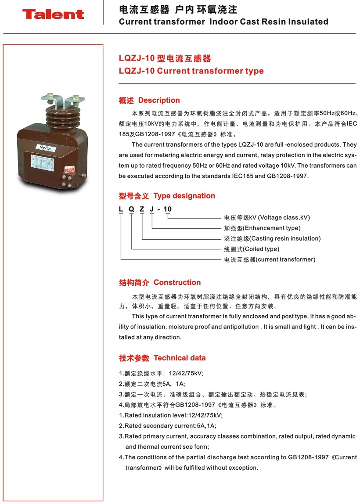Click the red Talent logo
point(53,14)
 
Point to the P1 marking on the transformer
point(68,141)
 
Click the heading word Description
point(159,101)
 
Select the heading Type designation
point(184,196)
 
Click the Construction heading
point(177,282)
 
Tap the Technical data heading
point(180,358)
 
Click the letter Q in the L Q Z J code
point(131,209)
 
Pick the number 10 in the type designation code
point(167,209)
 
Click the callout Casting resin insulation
point(285,238)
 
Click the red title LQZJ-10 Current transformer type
point(191,71)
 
